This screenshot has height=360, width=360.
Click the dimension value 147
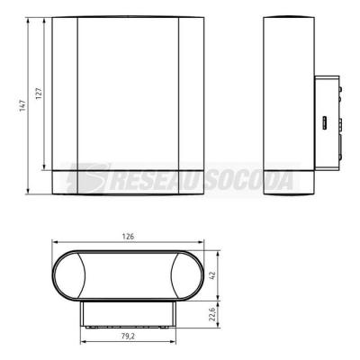click(23, 106)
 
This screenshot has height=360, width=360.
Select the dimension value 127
click(39, 94)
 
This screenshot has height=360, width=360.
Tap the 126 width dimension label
click(128, 237)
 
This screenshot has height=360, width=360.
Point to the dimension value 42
click(212, 275)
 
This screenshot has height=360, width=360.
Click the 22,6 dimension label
click(212, 313)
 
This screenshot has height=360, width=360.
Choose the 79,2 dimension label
click(128, 337)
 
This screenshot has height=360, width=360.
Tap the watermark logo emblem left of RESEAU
click(87, 179)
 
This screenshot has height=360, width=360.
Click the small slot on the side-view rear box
click(324, 123)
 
